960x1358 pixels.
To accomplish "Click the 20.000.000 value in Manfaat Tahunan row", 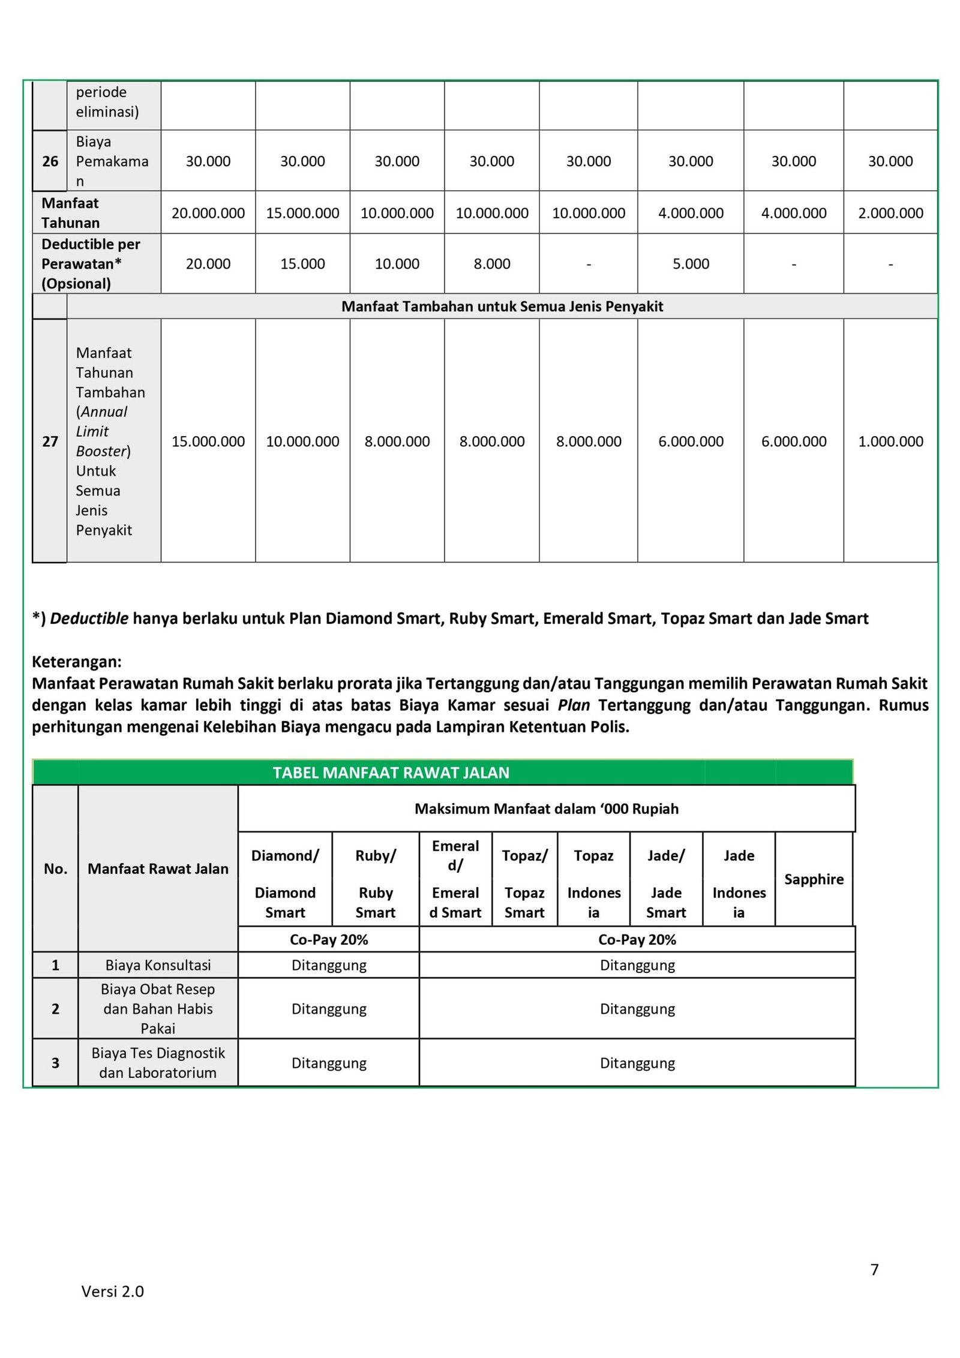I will (208, 213).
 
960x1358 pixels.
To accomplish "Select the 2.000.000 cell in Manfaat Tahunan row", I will (890, 213).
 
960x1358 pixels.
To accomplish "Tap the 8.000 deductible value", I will (491, 264).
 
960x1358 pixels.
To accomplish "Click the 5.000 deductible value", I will (690, 264).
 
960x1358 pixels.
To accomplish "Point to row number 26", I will (50, 161).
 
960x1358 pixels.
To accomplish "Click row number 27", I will (50, 441).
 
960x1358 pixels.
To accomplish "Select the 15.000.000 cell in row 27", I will (208, 441).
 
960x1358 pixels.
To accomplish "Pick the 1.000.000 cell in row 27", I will (890, 441).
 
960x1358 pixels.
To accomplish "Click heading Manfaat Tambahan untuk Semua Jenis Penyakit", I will (502, 307).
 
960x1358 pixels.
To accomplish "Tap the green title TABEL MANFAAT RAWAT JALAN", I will (391, 773).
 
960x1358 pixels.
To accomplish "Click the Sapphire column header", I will (814, 879).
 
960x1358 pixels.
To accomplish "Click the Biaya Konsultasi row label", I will (158, 965).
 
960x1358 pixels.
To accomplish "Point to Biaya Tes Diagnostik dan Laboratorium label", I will (158, 1062).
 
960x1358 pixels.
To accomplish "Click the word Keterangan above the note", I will (76, 662).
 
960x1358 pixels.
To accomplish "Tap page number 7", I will (874, 1270).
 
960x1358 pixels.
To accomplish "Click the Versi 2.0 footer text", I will (113, 1291).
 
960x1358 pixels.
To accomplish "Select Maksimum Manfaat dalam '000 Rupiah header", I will (546, 809).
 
